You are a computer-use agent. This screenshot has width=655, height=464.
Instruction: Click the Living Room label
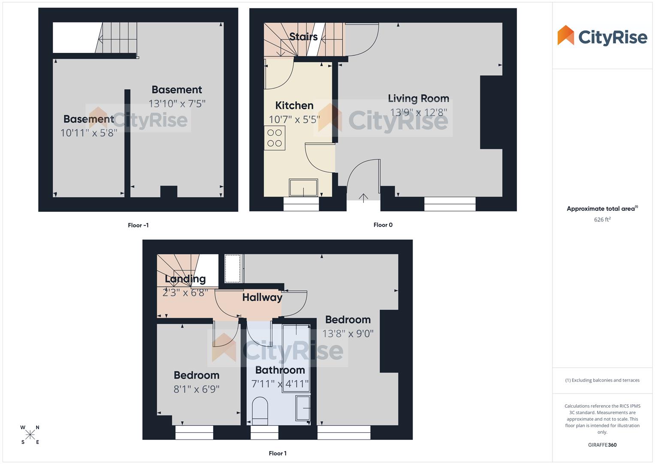point(418,98)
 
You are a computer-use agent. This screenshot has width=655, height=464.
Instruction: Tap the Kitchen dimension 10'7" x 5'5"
point(294,119)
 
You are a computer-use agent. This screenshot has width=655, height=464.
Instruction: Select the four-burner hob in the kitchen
point(275,138)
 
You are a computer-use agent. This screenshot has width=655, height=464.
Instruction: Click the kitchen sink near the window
point(303,188)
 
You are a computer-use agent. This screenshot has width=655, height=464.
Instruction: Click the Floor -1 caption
point(138,225)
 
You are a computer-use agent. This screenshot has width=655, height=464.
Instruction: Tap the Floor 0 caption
point(383,225)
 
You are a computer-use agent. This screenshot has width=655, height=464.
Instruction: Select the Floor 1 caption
point(278,453)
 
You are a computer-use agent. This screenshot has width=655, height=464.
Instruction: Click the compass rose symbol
point(30,435)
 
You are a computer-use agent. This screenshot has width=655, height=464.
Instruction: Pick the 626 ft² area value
point(602,220)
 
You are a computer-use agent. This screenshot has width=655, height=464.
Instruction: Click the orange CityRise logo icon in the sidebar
point(565,35)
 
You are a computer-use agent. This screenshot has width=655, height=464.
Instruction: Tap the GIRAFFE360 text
point(602,445)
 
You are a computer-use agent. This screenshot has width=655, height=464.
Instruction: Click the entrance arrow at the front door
point(363,198)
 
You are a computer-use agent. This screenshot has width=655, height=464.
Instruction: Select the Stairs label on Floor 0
point(303,37)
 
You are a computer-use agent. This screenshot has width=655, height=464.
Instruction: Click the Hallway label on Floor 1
point(262,297)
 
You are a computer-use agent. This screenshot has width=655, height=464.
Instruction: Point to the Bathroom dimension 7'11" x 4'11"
point(280,384)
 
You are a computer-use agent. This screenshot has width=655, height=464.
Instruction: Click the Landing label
point(185,279)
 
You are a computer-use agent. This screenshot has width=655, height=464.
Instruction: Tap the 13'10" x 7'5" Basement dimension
point(177,104)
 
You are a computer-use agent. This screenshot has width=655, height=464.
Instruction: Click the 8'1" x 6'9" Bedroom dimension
point(196,389)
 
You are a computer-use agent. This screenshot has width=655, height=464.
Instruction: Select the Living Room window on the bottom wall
point(450,204)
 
